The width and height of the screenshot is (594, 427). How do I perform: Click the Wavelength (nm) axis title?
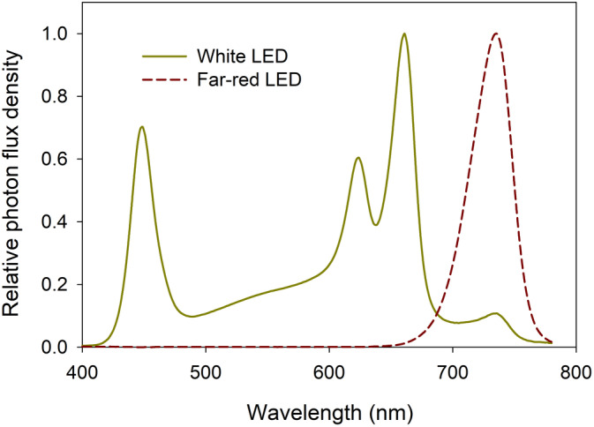[x=328, y=410]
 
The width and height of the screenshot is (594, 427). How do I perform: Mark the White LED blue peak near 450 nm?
[x=141, y=127]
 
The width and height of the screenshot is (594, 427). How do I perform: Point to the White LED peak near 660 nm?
[x=404, y=34]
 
